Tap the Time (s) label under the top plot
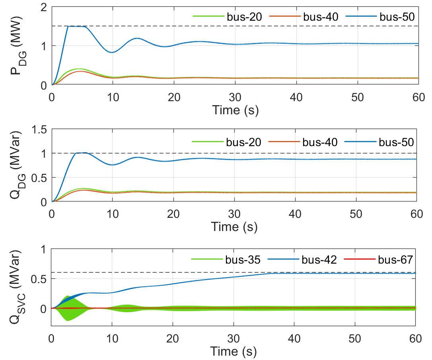tap(235, 110)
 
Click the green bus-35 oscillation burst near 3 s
tap(68, 308)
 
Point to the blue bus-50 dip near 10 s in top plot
tap(112, 52)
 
